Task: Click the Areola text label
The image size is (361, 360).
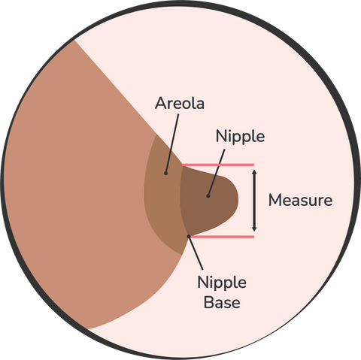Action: tap(180, 103)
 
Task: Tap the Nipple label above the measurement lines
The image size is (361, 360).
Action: tap(240, 138)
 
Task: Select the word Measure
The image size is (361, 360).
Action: tap(300, 201)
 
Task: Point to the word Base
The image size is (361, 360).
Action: tap(222, 302)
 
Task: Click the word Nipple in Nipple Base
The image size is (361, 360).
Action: tap(222, 283)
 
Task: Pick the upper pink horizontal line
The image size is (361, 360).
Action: tap(218, 165)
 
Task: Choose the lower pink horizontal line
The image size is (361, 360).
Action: tap(222, 237)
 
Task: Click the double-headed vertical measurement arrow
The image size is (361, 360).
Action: tap(254, 201)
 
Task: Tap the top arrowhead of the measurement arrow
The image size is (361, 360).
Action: tap(254, 172)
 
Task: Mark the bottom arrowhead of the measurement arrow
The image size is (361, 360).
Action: tap(254, 228)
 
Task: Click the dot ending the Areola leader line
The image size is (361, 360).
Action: tap(165, 173)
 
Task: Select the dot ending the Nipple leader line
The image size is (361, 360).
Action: tap(208, 196)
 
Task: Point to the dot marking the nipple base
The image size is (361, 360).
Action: tap(189, 236)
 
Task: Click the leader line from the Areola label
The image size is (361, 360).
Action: tap(172, 144)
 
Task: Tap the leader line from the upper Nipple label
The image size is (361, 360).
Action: tap(217, 173)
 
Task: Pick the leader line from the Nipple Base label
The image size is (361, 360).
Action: tap(196, 253)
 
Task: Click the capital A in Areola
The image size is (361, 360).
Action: tap(161, 103)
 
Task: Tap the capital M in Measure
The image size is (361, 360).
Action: tap(275, 201)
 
